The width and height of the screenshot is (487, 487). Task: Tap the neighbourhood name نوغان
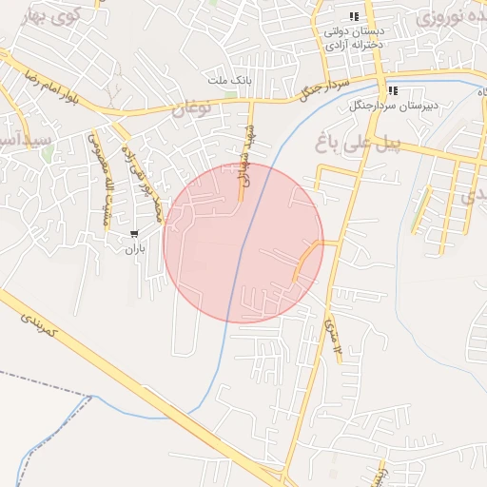pos(189,109)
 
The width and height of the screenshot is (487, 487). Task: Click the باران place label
pos(132,249)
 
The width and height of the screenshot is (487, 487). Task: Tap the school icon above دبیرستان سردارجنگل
pos(392,90)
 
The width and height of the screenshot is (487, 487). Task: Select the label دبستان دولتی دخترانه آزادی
pos(354,37)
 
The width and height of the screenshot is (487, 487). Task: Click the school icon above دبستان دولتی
pos(354,16)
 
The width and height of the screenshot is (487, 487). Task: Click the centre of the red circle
pos(243,243)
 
